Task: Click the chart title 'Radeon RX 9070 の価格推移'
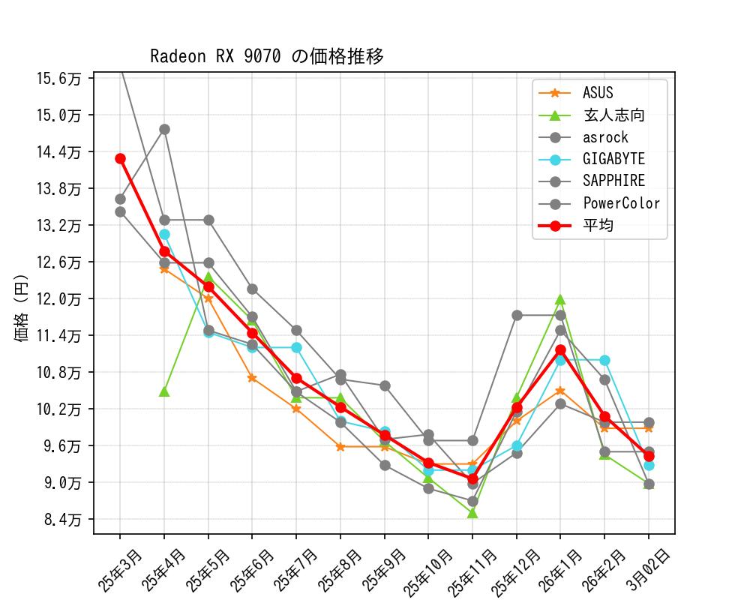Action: point(267,57)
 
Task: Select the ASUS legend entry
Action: point(598,93)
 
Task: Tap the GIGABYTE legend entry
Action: point(613,159)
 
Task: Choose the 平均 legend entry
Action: point(598,225)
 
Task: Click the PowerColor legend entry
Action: point(621,203)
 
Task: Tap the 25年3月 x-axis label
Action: point(120,570)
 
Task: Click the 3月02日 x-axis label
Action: point(648,570)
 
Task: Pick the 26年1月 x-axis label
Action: point(561,570)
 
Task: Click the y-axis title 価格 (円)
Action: point(21,309)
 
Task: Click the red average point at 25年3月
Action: point(120,158)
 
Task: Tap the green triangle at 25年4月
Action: point(164,391)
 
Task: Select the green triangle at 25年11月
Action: point(472,513)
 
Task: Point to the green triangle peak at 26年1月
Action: point(560,300)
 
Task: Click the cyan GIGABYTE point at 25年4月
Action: point(164,235)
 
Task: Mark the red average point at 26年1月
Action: point(560,349)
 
